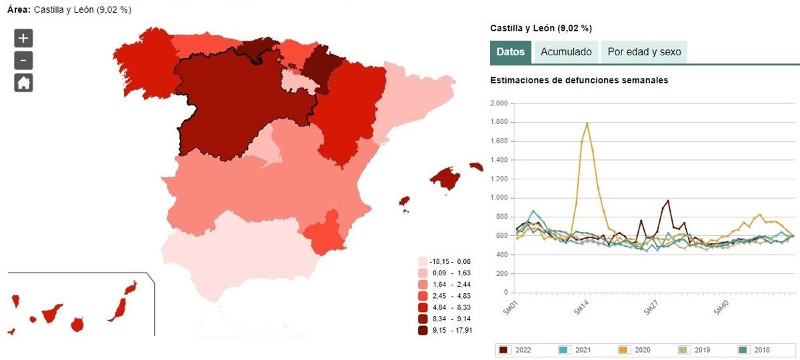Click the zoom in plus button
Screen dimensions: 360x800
(x=23, y=38)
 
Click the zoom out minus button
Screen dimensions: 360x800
(x=23, y=61)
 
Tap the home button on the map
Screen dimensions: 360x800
(x=23, y=83)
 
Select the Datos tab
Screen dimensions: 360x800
(x=511, y=52)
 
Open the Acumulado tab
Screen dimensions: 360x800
(x=566, y=52)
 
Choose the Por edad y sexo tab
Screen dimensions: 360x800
(x=644, y=52)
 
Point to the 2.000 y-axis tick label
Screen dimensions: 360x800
(x=498, y=103)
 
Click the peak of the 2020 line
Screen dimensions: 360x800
(x=587, y=123)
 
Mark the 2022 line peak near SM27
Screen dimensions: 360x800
(x=667, y=201)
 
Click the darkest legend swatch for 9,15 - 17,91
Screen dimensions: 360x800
(x=423, y=329)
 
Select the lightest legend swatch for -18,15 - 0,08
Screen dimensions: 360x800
(x=423, y=262)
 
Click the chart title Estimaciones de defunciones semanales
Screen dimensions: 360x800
(x=579, y=81)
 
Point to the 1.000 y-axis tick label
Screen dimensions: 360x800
(x=498, y=198)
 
